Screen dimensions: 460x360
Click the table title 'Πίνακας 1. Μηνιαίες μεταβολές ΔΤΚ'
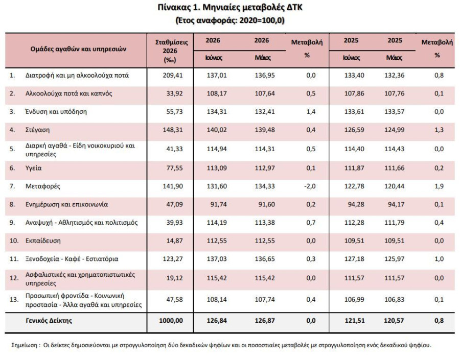pos(230,7)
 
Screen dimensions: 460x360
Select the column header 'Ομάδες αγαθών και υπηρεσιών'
pos(78,49)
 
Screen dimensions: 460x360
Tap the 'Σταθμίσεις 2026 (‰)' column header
pos(171,51)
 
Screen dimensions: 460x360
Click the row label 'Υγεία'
pos(33,168)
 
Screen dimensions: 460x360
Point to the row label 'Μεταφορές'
pos(43,186)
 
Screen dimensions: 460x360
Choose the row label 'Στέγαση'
pos(37,130)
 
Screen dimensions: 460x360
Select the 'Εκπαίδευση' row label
pos(43,241)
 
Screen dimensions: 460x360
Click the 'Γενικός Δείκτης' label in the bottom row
pos(49,320)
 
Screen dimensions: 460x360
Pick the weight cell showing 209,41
pos(173,76)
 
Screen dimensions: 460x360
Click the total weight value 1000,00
pos(171,320)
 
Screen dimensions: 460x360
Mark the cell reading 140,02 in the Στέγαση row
pos(217,130)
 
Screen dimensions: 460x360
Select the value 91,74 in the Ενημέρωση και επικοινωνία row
pos(219,204)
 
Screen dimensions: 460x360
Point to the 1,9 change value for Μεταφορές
pos(439,186)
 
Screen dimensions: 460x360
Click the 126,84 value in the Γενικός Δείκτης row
pos(217,320)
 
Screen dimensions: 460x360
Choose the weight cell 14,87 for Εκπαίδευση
pos(175,241)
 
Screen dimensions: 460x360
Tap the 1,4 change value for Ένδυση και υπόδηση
pos(311,112)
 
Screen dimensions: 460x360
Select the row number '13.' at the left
pos(14,299)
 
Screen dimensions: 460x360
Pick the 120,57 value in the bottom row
pos(394,320)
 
